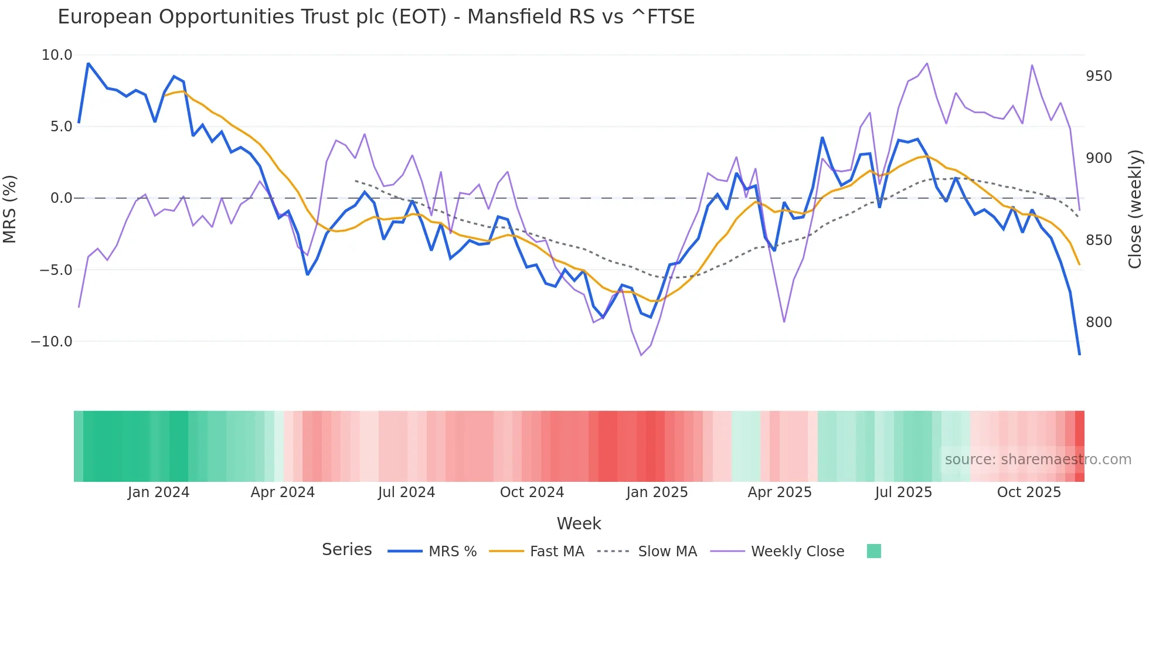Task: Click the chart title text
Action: [x=376, y=17]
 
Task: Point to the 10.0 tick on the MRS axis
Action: [x=57, y=55]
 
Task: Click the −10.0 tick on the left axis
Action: [x=52, y=342]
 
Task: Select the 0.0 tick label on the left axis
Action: [x=61, y=198]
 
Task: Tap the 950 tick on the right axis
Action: [x=1099, y=76]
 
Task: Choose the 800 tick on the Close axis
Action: [x=1099, y=322]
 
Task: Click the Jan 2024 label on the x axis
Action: [x=158, y=492]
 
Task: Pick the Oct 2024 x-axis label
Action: [x=532, y=492]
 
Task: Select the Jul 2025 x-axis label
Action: [x=903, y=492]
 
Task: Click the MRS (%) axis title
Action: [x=10, y=209]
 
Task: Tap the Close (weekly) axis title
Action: [x=1136, y=209]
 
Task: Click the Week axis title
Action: [x=579, y=523]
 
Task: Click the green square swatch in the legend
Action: [x=873, y=551]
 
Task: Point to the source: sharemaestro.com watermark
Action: [x=1038, y=460]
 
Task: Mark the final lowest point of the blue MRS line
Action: [x=1079, y=354]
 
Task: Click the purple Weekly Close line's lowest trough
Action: [x=641, y=355]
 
